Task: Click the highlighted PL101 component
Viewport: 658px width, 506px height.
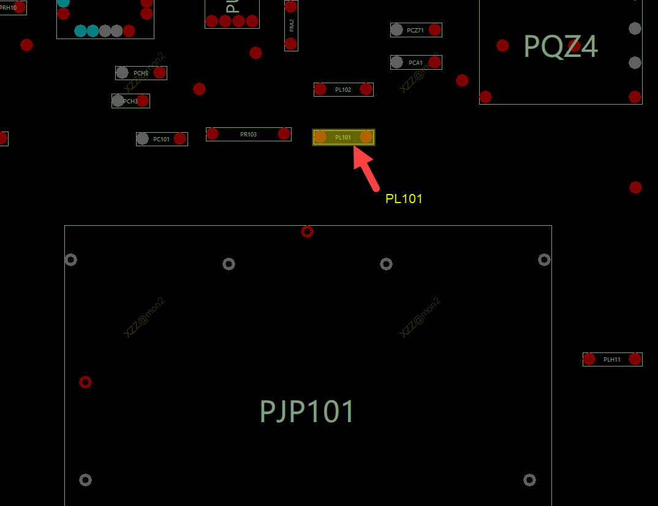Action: [343, 137]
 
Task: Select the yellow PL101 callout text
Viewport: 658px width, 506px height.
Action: [404, 199]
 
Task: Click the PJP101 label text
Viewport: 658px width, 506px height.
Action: [307, 412]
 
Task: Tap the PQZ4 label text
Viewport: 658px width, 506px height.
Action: [561, 47]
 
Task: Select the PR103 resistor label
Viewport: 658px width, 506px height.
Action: [248, 134]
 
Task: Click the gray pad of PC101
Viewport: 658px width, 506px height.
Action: [143, 139]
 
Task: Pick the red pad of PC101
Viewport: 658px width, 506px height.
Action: [180, 139]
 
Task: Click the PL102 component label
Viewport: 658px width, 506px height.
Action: [343, 89]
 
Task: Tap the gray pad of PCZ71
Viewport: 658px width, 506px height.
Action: [397, 29]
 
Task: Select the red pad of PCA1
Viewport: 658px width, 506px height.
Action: [435, 62]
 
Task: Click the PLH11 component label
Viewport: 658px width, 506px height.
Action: [611, 359]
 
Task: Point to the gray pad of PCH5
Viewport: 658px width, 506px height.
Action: [123, 73]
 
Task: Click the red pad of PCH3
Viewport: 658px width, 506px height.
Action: [143, 100]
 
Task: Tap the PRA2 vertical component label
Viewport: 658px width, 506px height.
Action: [292, 25]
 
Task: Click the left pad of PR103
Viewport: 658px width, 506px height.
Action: [213, 133]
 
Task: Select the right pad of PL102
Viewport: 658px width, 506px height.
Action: [366, 89]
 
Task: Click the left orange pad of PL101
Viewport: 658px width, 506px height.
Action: [320, 137]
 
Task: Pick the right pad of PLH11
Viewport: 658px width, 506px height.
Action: [635, 359]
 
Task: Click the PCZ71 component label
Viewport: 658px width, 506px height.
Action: [415, 30]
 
